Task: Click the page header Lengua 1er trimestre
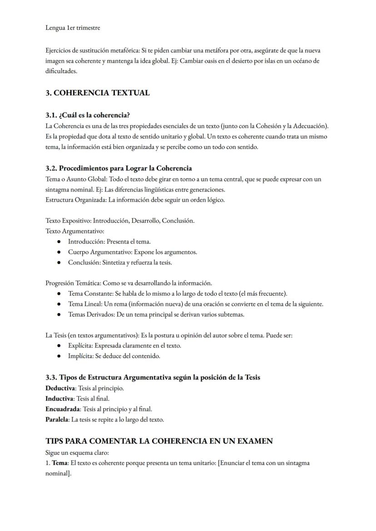pyautogui.click(x=73, y=28)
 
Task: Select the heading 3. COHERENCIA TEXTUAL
pyautogui.click(x=97, y=93)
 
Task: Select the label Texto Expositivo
pyautogui.click(x=68, y=221)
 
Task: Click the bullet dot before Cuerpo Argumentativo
pyautogui.click(x=59, y=252)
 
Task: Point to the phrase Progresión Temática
pyautogui.click(x=73, y=283)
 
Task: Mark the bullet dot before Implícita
pyautogui.click(x=59, y=356)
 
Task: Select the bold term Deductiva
pyautogui.click(x=60, y=388)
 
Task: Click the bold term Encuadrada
pyautogui.click(x=63, y=409)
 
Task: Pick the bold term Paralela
pyautogui.click(x=57, y=420)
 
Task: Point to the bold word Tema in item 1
pyautogui.click(x=59, y=463)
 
